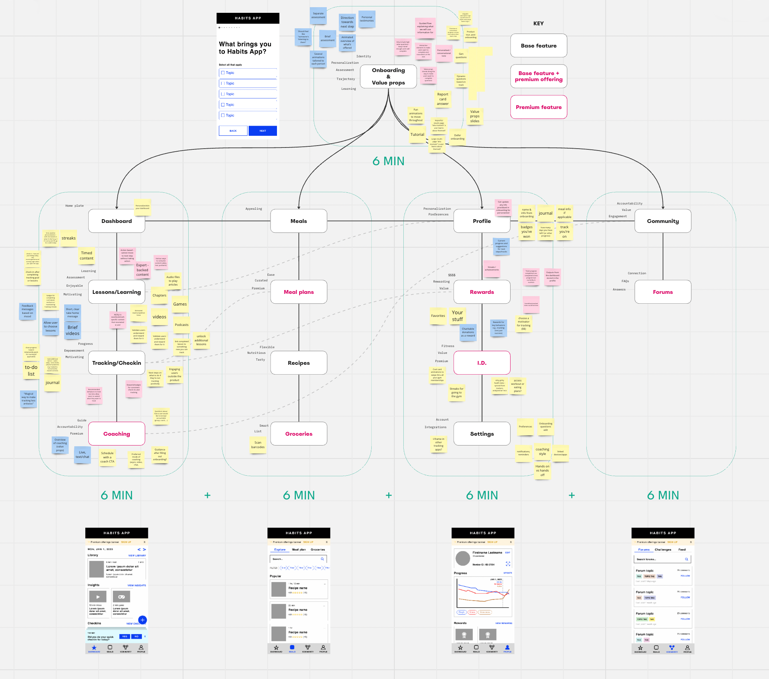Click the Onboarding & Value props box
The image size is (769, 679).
(388, 76)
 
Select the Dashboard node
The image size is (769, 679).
(117, 221)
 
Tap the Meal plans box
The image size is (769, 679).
(298, 292)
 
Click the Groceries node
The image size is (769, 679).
(298, 434)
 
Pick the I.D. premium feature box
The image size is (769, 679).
(482, 363)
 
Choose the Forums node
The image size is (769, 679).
(663, 292)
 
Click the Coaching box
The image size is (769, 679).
(117, 434)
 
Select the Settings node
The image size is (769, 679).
(482, 434)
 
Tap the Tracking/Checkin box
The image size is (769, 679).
(117, 363)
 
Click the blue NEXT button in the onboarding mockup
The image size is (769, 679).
(263, 131)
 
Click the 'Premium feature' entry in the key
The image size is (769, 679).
(538, 107)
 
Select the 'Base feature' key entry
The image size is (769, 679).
(538, 46)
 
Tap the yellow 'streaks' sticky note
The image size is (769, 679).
(69, 238)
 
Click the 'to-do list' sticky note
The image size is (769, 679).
(31, 370)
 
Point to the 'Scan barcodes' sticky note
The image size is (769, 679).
(258, 445)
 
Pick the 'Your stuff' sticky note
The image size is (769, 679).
(457, 316)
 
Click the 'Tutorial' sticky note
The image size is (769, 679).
(417, 135)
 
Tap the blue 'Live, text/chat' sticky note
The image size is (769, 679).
(82, 455)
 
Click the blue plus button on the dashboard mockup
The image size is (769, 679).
(142, 620)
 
